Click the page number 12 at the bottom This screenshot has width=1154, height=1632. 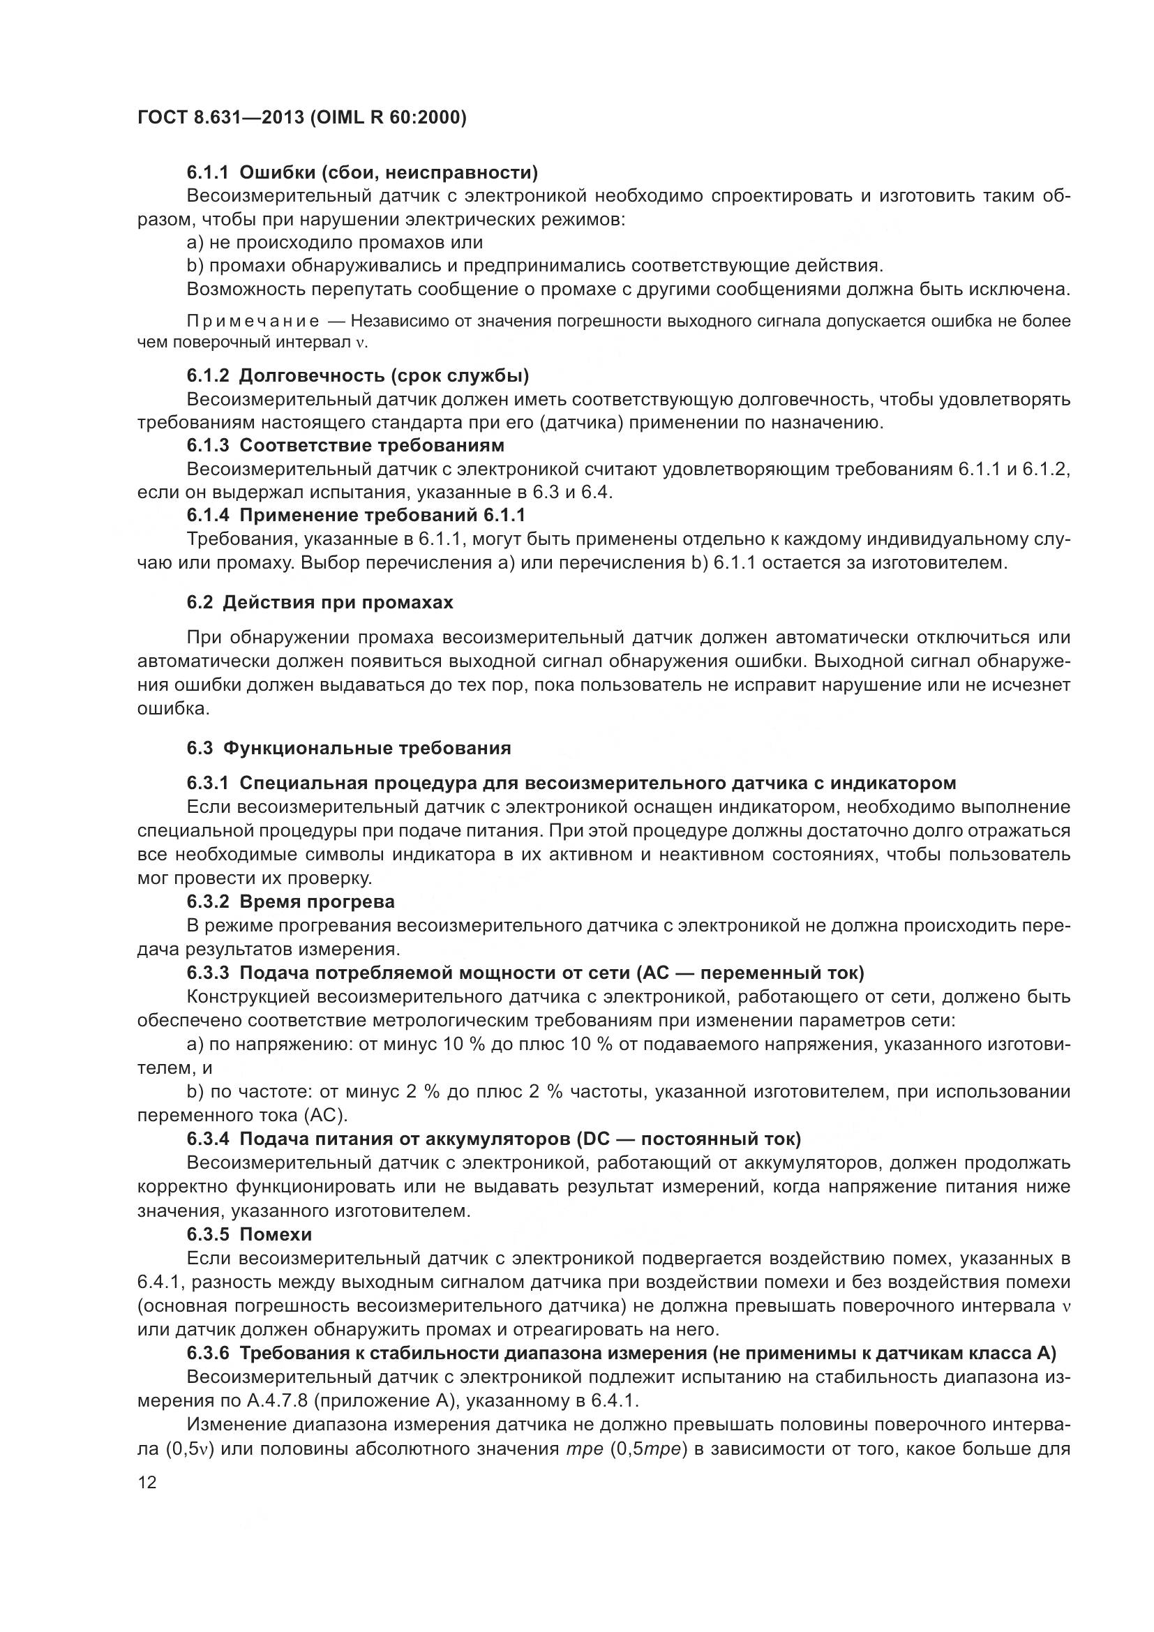coord(147,1482)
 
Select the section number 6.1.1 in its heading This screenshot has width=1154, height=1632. coord(207,172)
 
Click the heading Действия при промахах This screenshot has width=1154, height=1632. coord(338,602)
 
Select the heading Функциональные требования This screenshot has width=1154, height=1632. coord(367,748)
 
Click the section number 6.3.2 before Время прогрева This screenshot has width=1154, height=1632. coord(207,901)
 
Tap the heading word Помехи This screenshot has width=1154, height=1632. coord(276,1234)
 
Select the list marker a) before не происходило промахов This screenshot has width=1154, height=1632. coord(195,242)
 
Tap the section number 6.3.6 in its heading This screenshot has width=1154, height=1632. coord(207,1353)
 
